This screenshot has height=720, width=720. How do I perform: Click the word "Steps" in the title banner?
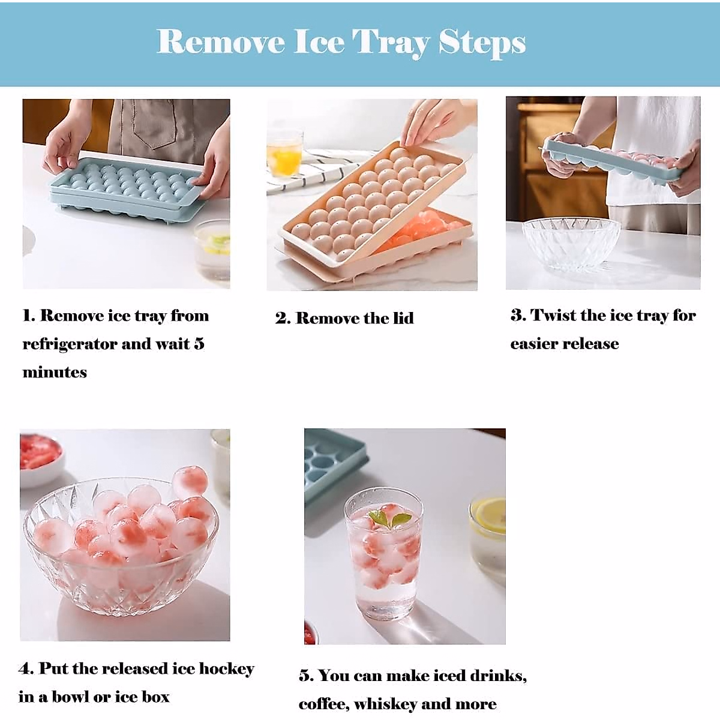pyautogui.click(x=482, y=43)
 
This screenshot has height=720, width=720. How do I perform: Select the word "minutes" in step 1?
pyautogui.click(x=55, y=373)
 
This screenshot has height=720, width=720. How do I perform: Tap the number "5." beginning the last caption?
pyautogui.click(x=306, y=676)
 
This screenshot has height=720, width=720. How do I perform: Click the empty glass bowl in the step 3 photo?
pyautogui.click(x=571, y=245)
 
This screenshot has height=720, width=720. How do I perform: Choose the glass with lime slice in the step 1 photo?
pyautogui.click(x=214, y=249)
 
